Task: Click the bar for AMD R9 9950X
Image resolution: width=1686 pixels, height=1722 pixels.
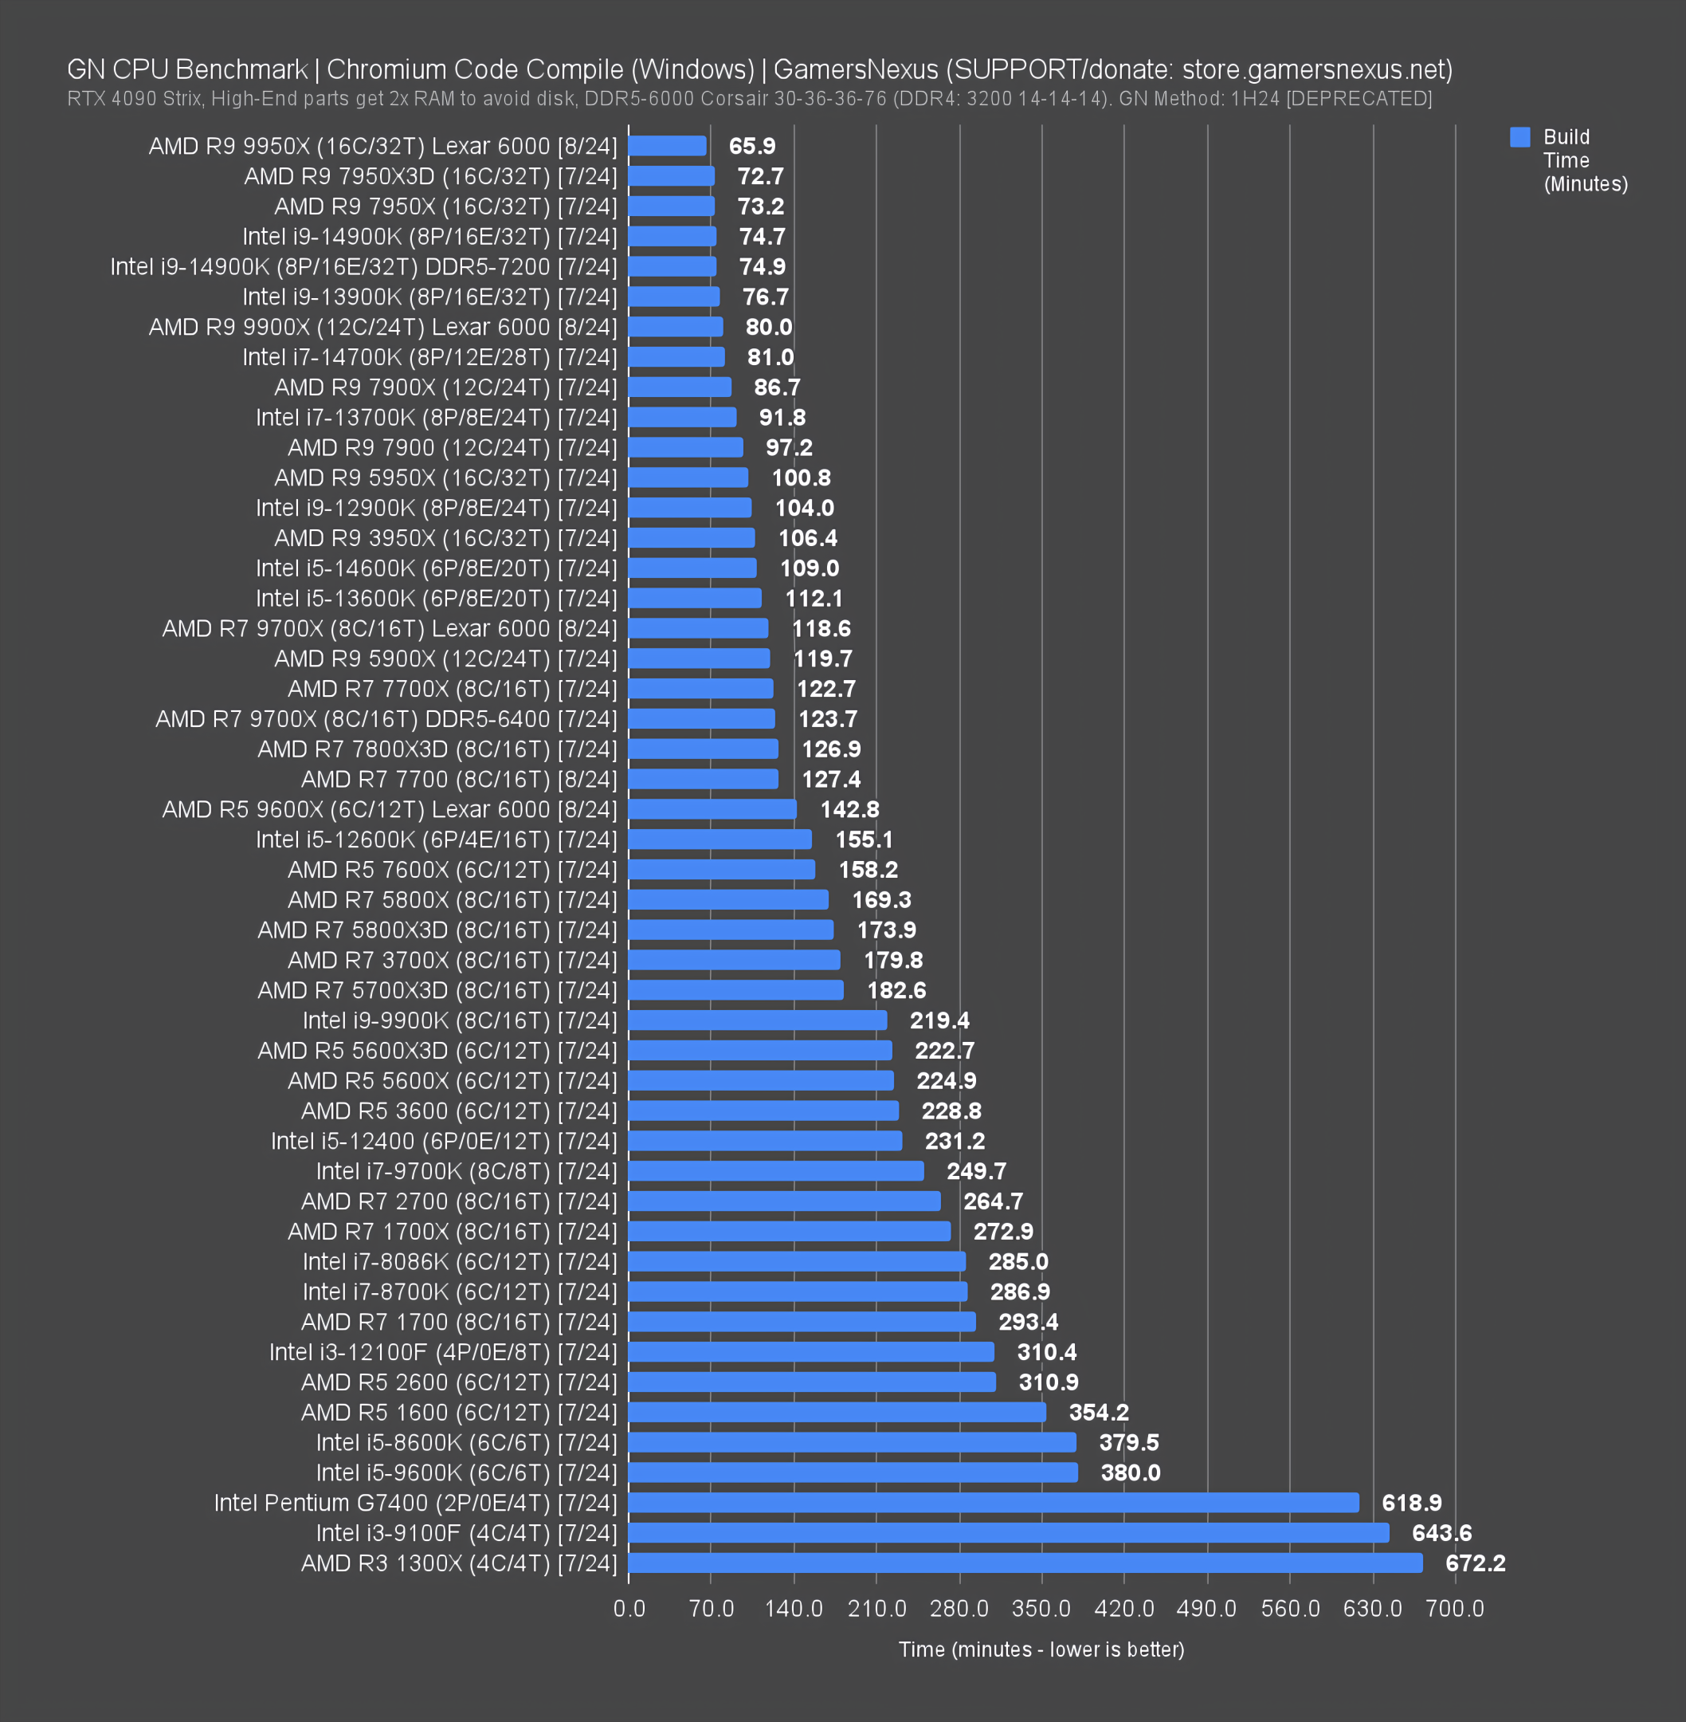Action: (668, 146)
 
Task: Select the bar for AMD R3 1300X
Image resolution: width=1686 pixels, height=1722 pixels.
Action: (1025, 1563)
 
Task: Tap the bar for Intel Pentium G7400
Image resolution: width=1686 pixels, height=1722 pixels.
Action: (994, 1502)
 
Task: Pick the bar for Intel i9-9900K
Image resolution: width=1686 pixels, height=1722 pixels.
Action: (758, 1020)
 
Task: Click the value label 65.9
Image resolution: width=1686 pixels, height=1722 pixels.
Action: (752, 146)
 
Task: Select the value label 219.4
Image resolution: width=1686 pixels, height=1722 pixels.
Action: (939, 1020)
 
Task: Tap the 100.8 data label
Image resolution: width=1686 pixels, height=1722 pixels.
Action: (801, 478)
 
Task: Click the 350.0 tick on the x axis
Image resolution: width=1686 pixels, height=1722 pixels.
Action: (1041, 1608)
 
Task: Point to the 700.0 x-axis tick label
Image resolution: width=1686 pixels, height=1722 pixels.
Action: (1454, 1608)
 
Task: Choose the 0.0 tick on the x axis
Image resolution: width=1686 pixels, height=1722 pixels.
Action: (629, 1608)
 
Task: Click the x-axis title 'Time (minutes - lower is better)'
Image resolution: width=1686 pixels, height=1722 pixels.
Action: (1041, 1649)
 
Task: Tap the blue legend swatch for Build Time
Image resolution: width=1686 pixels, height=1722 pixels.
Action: (1519, 137)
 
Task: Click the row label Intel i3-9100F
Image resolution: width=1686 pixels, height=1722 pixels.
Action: (467, 1532)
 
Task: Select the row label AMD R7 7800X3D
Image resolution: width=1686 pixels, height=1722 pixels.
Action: (437, 749)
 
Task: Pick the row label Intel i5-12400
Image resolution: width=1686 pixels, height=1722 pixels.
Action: (444, 1141)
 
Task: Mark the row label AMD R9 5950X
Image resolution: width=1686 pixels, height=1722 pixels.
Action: (445, 478)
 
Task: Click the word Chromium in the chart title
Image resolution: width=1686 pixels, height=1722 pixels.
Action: (387, 69)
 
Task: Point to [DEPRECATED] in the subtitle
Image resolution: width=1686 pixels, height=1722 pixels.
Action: (1359, 98)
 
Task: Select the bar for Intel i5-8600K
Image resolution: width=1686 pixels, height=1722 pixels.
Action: (852, 1442)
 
